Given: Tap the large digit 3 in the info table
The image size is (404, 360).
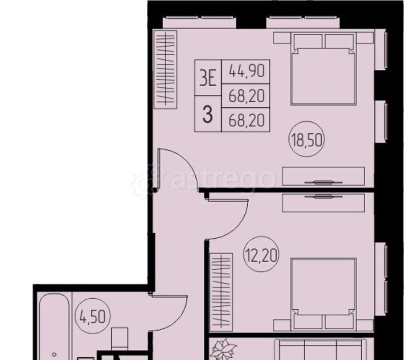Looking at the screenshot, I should pos(208,115).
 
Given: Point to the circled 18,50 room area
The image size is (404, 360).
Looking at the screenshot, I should pos(307,140).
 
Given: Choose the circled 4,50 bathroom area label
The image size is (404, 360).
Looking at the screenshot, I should pos(93,317).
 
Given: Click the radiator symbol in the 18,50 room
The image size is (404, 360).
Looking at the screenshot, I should pos(165,69).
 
